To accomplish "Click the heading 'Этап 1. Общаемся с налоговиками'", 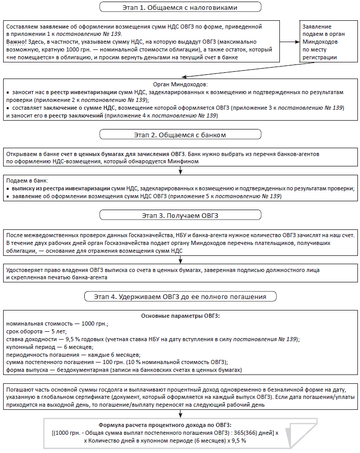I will click(180, 7).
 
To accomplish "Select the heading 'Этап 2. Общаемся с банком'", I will click(179, 135).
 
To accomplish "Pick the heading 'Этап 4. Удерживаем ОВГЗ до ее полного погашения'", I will click(179, 296).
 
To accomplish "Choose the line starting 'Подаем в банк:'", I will click(23, 179).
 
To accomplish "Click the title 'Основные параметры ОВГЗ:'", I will click(179, 316).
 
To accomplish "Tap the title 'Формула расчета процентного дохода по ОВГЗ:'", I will click(179, 424).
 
